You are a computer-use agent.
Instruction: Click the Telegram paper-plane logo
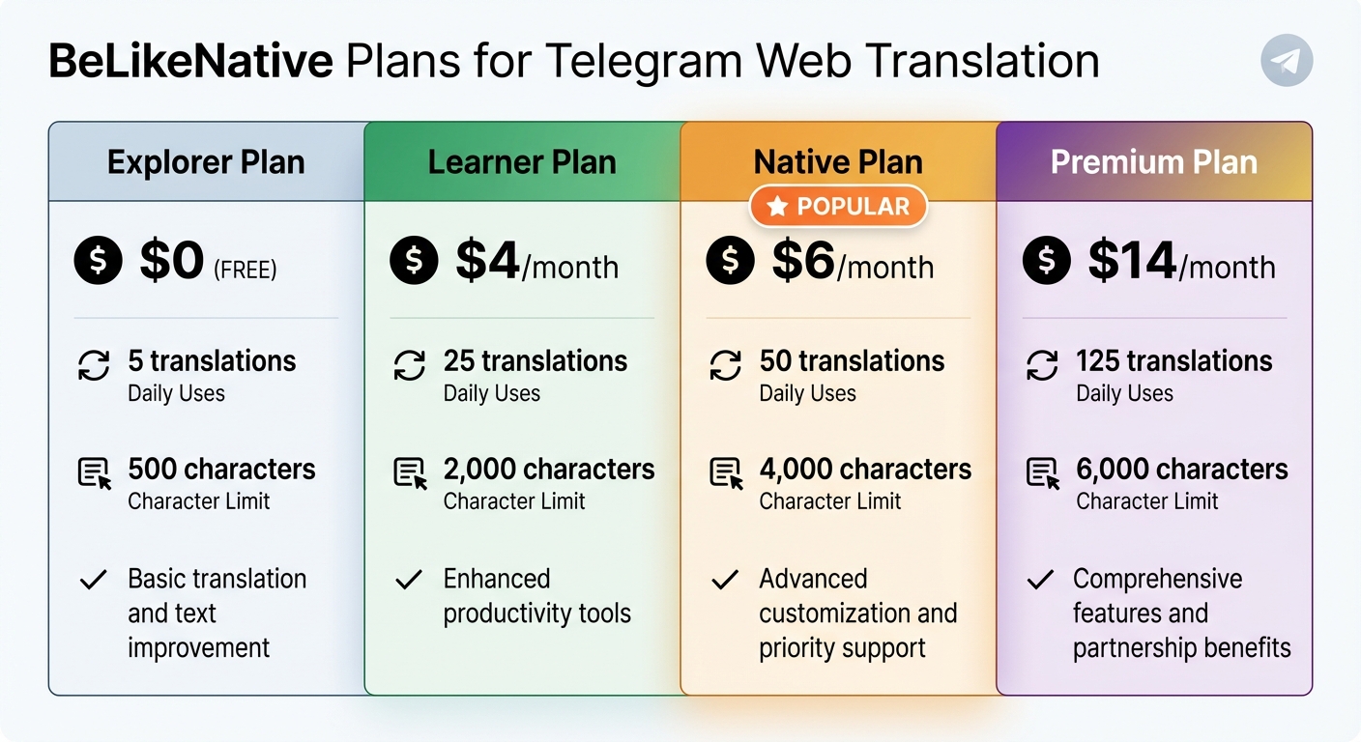click(x=1287, y=61)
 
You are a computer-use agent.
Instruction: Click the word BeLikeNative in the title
click(x=189, y=62)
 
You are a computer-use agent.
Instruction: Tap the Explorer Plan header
click(x=206, y=161)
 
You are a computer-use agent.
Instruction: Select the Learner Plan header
click(x=522, y=161)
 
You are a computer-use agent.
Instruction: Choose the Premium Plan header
click(x=1154, y=161)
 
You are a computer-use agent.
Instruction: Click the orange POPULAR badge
click(x=838, y=206)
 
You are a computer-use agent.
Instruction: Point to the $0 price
click(x=171, y=261)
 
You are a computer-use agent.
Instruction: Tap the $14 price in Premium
click(x=1132, y=261)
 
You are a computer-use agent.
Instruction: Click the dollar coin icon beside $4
click(x=414, y=261)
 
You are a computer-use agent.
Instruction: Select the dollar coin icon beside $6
click(x=730, y=261)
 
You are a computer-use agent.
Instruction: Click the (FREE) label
click(x=245, y=269)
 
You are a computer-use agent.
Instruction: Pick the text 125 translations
click(x=1173, y=361)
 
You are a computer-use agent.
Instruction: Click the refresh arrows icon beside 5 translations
click(x=94, y=366)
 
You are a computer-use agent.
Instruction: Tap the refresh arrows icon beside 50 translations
click(x=725, y=366)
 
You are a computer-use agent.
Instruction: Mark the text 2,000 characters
click(x=548, y=470)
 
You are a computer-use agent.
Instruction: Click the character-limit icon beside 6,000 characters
click(x=1042, y=473)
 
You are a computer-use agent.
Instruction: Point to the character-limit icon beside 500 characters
click(x=94, y=473)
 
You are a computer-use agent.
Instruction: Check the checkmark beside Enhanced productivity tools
click(x=409, y=580)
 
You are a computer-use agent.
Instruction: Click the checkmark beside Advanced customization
click(x=725, y=580)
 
